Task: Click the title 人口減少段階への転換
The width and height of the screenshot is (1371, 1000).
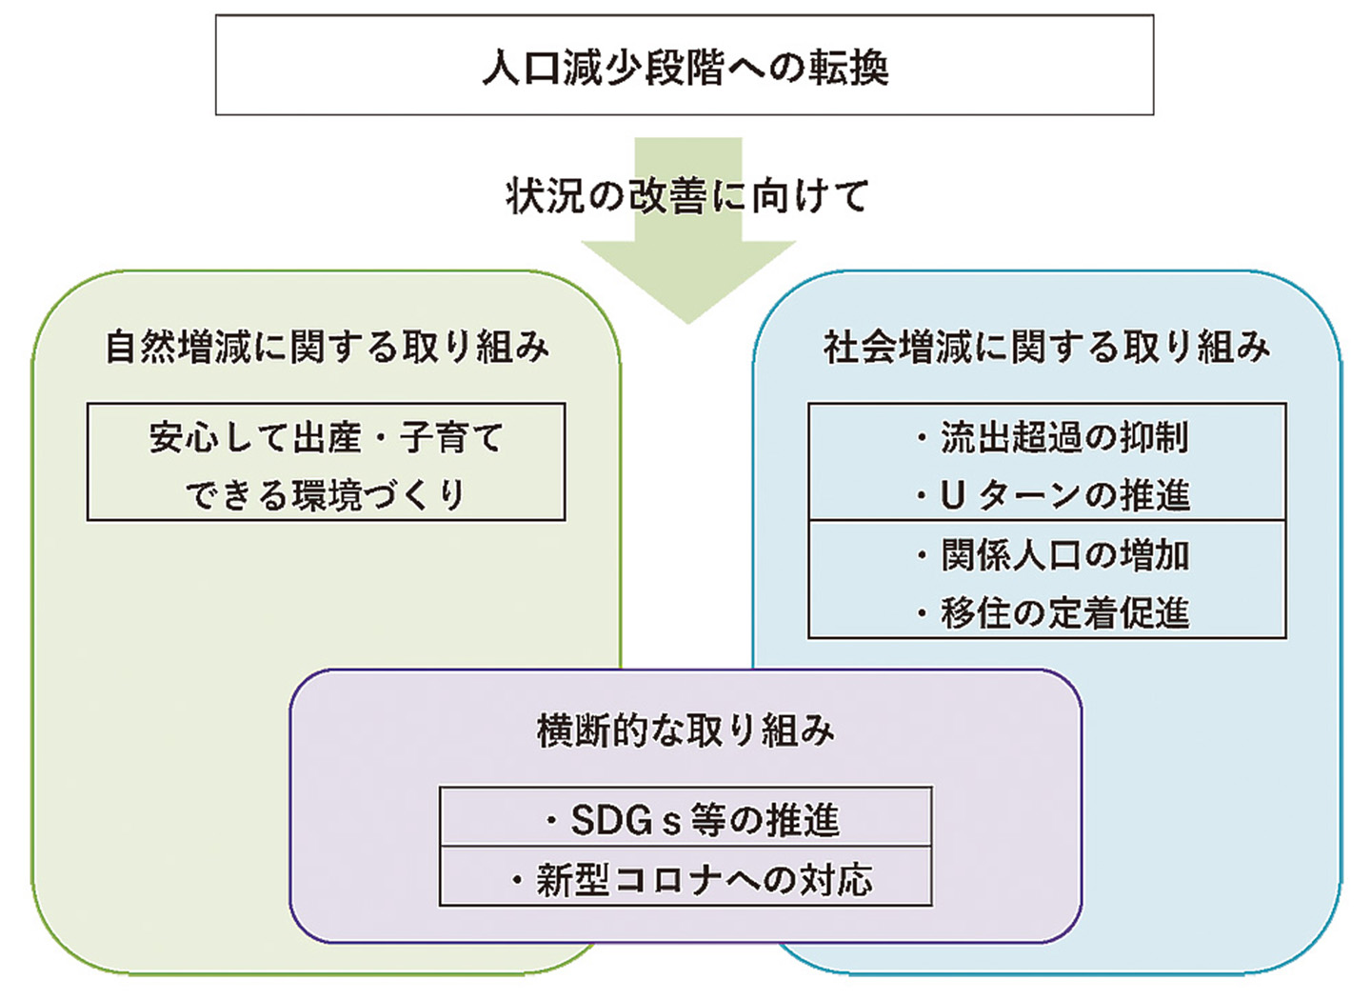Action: coord(685,68)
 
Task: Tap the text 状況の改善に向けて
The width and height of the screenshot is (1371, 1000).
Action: coord(687,196)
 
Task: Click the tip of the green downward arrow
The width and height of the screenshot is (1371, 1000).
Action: coord(688,320)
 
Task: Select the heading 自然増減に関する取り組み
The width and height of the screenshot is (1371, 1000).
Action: coord(327,347)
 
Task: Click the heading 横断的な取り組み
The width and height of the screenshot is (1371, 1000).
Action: coord(685,730)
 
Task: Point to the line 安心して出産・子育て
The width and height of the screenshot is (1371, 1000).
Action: coord(327,438)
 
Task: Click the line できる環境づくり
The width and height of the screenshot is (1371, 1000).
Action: coord(327,495)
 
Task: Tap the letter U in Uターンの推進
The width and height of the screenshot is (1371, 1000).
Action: coord(953,495)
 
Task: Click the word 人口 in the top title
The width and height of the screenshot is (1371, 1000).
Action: coord(522,68)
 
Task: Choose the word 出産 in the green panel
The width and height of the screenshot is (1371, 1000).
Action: coord(327,438)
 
